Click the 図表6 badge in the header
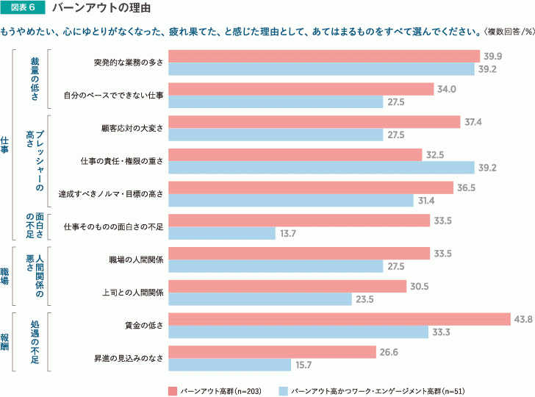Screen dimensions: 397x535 [x=24, y=9]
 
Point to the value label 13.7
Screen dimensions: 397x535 [x=287, y=233]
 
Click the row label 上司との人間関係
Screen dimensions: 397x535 [x=132, y=292]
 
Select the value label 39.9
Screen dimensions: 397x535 [x=492, y=56]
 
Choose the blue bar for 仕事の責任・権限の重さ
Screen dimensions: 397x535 [x=322, y=168]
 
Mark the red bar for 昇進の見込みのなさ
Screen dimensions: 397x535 [x=273, y=352]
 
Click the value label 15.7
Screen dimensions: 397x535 [x=303, y=365]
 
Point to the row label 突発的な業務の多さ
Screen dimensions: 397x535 [x=129, y=61]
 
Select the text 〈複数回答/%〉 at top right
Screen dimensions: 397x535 [x=507, y=32]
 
